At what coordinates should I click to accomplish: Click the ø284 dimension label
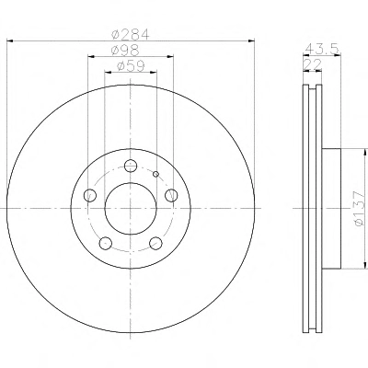point(131,34)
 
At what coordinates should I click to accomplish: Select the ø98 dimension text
point(125,50)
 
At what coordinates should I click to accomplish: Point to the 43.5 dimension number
point(322,49)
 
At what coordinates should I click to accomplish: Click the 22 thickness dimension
point(312,64)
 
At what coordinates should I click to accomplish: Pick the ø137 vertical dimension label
point(359,209)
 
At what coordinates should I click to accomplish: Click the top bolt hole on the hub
point(131,166)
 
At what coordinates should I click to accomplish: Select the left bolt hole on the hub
point(90,195)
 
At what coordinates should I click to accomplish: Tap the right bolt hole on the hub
point(171,195)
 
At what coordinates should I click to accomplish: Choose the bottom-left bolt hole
point(106,243)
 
